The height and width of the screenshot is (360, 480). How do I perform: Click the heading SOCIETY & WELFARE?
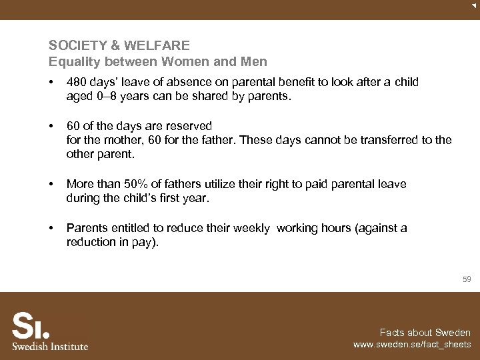(x=119, y=46)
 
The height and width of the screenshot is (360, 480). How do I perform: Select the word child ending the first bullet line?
(x=406, y=82)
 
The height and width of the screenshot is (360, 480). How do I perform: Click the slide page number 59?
(x=467, y=280)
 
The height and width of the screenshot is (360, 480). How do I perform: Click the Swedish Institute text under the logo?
(x=50, y=346)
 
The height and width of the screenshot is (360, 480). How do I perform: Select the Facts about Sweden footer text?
(x=425, y=333)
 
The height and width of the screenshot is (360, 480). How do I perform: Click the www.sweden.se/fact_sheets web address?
(x=411, y=345)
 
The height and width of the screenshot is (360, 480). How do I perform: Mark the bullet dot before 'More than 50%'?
(x=51, y=184)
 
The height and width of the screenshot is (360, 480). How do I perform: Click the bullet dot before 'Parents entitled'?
(x=51, y=228)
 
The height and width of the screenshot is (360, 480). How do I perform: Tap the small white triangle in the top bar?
(x=473, y=5)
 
